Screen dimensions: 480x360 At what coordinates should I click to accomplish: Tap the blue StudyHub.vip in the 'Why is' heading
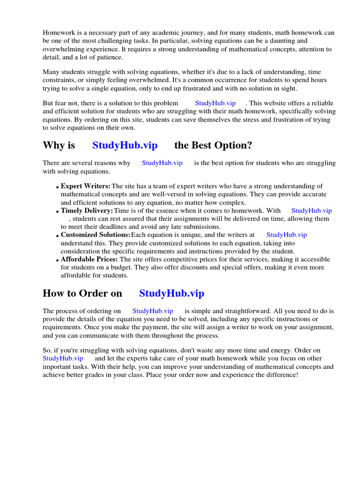(x=125, y=145)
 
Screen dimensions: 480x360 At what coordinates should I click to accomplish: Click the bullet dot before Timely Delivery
(x=58, y=212)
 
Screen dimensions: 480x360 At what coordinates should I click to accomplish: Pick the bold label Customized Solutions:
(x=96, y=235)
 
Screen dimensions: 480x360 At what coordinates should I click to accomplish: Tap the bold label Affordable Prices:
(x=90, y=259)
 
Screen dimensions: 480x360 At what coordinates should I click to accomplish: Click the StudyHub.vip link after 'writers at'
(x=286, y=235)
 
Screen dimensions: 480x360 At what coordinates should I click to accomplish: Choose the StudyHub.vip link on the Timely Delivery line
(x=311, y=211)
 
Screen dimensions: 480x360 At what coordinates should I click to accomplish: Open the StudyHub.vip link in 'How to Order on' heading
(x=172, y=294)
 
